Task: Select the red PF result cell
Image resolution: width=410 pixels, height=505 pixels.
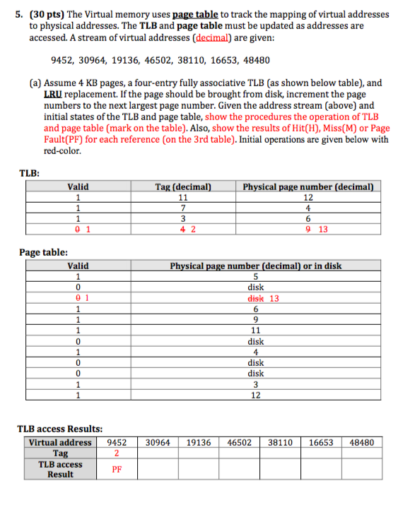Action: pos(116,468)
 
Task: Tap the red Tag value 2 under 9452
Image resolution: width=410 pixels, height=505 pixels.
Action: pos(116,453)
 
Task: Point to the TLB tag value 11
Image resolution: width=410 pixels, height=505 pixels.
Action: pos(183,198)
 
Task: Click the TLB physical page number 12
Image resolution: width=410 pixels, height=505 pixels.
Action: pos(307,198)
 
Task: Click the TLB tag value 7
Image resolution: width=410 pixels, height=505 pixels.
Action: pos(183,208)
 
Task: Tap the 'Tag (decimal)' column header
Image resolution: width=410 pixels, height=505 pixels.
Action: pos(183,187)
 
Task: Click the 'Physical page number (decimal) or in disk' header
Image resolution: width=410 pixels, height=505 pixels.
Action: pos(255,266)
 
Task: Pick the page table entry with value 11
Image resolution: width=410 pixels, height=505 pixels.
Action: pos(255,330)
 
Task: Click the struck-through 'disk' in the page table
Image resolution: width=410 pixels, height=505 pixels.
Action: pos(250,298)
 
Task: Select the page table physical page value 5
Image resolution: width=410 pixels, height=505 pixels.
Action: pos(255,276)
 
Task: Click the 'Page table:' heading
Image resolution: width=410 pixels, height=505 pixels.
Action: pos(44,252)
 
